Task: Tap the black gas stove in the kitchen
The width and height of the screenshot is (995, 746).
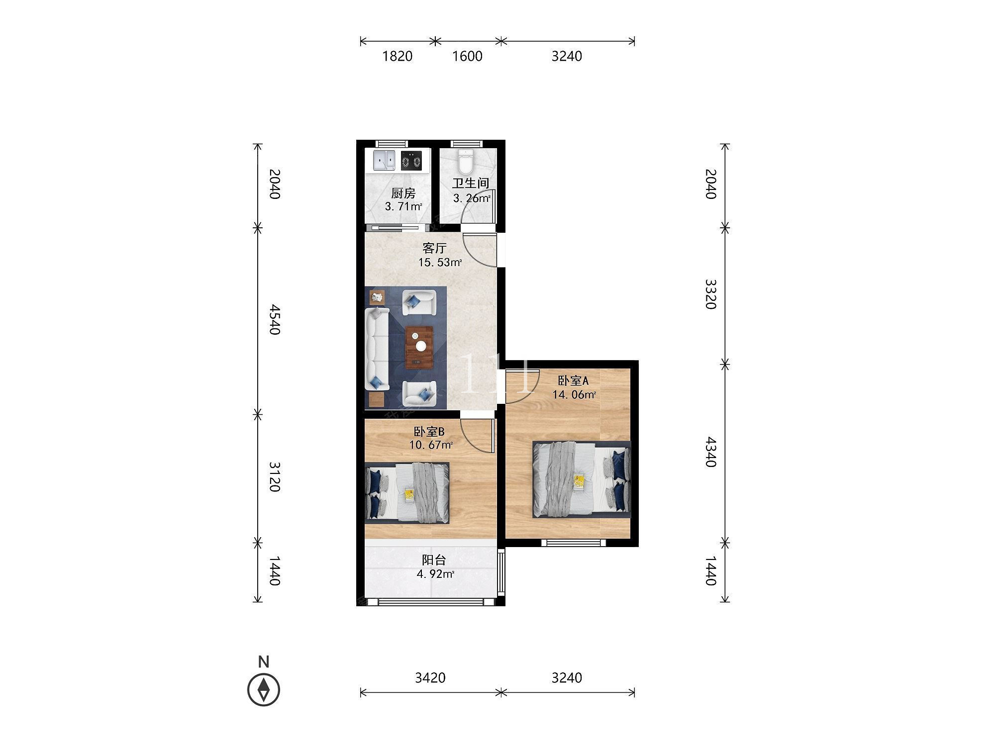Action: (x=411, y=161)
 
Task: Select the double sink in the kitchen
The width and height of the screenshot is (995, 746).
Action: (x=384, y=161)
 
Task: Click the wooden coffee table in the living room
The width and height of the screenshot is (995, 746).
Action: (x=419, y=348)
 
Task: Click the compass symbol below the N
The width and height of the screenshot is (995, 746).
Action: (x=264, y=690)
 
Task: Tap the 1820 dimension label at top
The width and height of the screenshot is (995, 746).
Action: (x=397, y=56)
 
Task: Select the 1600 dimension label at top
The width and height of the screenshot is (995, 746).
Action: (x=467, y=56)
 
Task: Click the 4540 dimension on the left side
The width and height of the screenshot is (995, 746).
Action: (x=274, y=320)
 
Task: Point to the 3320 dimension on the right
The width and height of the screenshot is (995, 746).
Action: (x=710, y=294)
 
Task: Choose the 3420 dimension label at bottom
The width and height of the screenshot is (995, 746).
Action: (x=430, y=678)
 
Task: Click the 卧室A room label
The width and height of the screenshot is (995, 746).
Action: (x=573, y=381)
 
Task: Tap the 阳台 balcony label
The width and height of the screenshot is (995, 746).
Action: (x=434, y=560)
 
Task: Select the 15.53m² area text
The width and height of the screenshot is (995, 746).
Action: (x=440, y=262)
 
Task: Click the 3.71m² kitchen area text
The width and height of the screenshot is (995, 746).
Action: (x=403, y=206)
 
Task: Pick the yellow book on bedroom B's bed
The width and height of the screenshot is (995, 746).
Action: (x=409, y=494)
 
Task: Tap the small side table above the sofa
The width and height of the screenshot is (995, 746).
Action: (x=377, y=297)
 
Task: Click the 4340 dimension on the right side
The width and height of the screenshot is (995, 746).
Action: (x=710, y=452)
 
